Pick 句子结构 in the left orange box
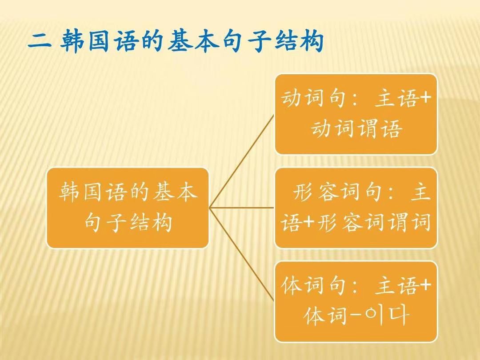point(128,222)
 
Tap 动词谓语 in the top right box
point(356,128)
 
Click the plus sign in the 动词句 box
point(424,98)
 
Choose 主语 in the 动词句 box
point(396,99)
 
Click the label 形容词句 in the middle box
point(337,192)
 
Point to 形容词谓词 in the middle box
point(373,222)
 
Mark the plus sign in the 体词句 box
point(424,285)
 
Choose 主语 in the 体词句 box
point(396,285)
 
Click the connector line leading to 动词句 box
point(241,161)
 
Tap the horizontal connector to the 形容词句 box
point(241,208)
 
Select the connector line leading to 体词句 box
point(241,255)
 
